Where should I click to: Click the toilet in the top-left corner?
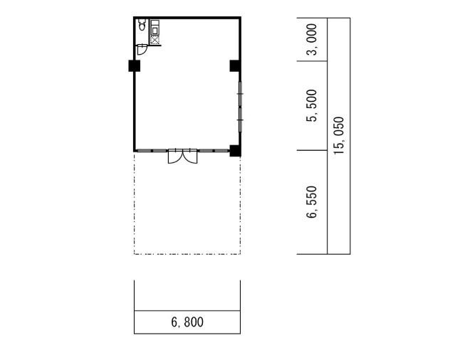tap(142, 25)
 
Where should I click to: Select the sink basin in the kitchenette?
tap(155, 30)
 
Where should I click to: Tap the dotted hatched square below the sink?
tap(155, 41)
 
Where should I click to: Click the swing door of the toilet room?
tap(142, 50)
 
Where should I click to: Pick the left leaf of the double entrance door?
tap(175, 157)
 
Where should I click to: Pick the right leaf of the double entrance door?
tap(190, 157)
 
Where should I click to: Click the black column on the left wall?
tap(135, 65)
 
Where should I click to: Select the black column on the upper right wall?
tap(235, 65)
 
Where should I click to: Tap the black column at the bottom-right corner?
tap(235, 151)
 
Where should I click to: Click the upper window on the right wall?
tap(240, 94)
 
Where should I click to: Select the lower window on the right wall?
tap(240, 120)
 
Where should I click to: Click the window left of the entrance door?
tap(152, 151)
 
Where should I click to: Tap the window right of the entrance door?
tap(214, 151)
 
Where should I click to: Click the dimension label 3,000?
tap(312, 39)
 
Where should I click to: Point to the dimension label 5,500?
tap(312, 105)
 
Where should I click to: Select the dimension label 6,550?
tap(312, 202)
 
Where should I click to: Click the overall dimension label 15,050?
tap(339, 135)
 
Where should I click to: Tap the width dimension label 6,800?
tap(187, 322)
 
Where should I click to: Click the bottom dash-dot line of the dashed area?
tap(187, 254)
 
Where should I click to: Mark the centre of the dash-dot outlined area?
tap(187, 203)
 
